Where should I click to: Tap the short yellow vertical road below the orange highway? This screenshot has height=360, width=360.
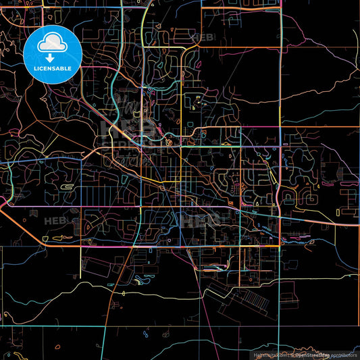tap(81, 260)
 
